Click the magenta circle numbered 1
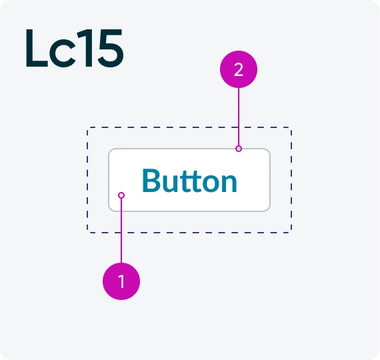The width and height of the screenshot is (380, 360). click(x=121, y=281)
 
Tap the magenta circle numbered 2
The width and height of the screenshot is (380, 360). click(x=239, y=69)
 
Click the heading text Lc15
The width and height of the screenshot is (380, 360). click(x=75, y=48)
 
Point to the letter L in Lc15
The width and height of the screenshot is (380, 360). click(x=37, y=48)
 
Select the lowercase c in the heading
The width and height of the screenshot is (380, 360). click(x=62, y=53)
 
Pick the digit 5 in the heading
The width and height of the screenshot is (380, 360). click(x=111, y=48)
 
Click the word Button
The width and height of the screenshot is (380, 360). click(x=189, y=181)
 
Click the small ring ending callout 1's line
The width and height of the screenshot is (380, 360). click(x=121, y=195)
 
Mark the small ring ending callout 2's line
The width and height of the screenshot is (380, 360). click(x=239, y=149)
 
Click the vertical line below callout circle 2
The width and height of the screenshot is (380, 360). click(x=239, y=117)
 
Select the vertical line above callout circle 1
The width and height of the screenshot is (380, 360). click(x=121, y=230)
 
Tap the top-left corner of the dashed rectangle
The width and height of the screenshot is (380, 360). click(x=87, y=127)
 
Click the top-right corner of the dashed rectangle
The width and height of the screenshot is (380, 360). click(x=291, y=127)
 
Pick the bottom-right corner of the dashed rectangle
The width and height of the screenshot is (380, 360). click(x=291, y=233)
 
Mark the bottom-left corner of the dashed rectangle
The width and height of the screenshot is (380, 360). click(x=87, y=233)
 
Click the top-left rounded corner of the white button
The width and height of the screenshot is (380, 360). click(x=110, y=150)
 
